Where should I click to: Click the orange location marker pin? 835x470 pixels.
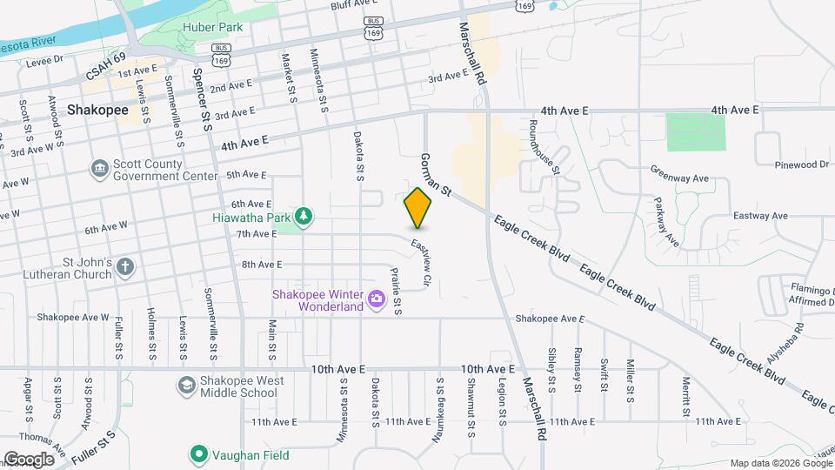pyautogui.click(x=418, y=207)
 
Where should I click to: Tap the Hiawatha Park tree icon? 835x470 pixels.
pyautogui.click(x=304, y=215)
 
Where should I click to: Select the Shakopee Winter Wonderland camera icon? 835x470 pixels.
pyautogui.click(x=377, y=299)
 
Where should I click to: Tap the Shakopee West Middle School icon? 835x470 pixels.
pyautogui.click(x=187, y=386)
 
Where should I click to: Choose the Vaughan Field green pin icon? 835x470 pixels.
pyautogui.click(x=199, y=453)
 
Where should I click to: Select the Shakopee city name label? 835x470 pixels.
pyautogui.click(x=97, y=111)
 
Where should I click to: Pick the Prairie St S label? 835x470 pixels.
pyautogui.click(x=397, y=290)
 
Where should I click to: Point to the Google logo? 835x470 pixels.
pyautogui.click(x=29, y=459)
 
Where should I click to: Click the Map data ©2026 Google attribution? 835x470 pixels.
pyautogui.click(x=780, y=463)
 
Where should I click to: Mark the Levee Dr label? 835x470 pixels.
pyautogui.click(x=45, y=61)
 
